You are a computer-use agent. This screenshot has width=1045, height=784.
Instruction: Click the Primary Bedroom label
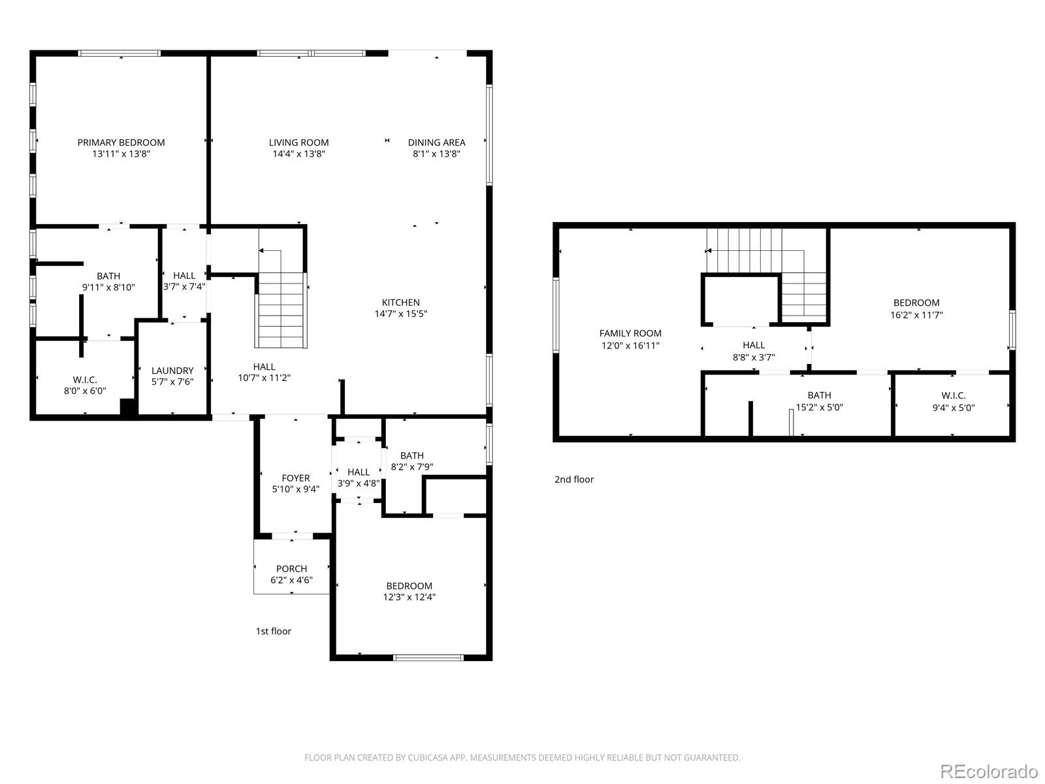click(x=121, y=142)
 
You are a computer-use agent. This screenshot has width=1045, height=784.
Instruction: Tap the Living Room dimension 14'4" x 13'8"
click(x=298, y=154)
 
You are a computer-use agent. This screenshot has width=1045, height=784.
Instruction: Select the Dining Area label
click(x=436, y=142)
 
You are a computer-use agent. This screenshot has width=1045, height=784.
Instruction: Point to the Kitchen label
click(x=400, y=302)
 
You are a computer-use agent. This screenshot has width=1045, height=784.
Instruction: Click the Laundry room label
click(x=172, y=370)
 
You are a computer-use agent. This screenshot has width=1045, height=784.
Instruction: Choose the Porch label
click(x=291, y=568)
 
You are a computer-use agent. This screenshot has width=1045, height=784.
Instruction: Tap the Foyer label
click(x=295, y=478)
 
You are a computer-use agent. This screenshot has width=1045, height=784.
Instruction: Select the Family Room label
click(x=630, y=333)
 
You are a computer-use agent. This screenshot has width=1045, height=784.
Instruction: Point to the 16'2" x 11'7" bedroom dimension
click(x=916, y=314)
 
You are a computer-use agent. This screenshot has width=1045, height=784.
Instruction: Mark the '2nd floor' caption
click(x=574, y=480)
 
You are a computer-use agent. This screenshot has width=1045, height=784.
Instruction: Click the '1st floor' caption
click(x=273, y=631)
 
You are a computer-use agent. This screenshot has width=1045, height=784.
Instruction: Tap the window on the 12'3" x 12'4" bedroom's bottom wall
click(x=428, y=657)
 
